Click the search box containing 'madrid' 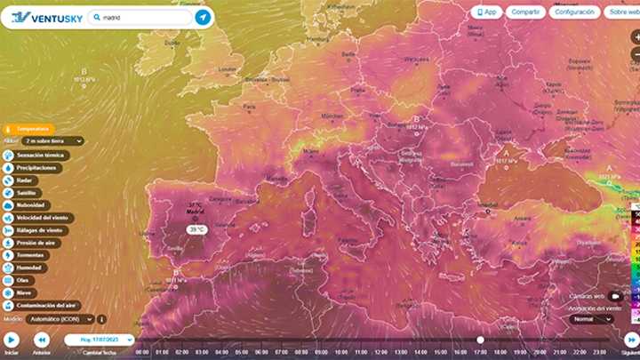142,17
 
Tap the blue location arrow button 203,17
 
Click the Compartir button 525,12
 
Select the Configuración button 572,12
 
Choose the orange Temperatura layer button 29,129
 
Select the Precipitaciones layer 35,167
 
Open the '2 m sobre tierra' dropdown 52,140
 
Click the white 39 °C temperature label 196,229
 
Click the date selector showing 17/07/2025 100,340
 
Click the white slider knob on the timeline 480,340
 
